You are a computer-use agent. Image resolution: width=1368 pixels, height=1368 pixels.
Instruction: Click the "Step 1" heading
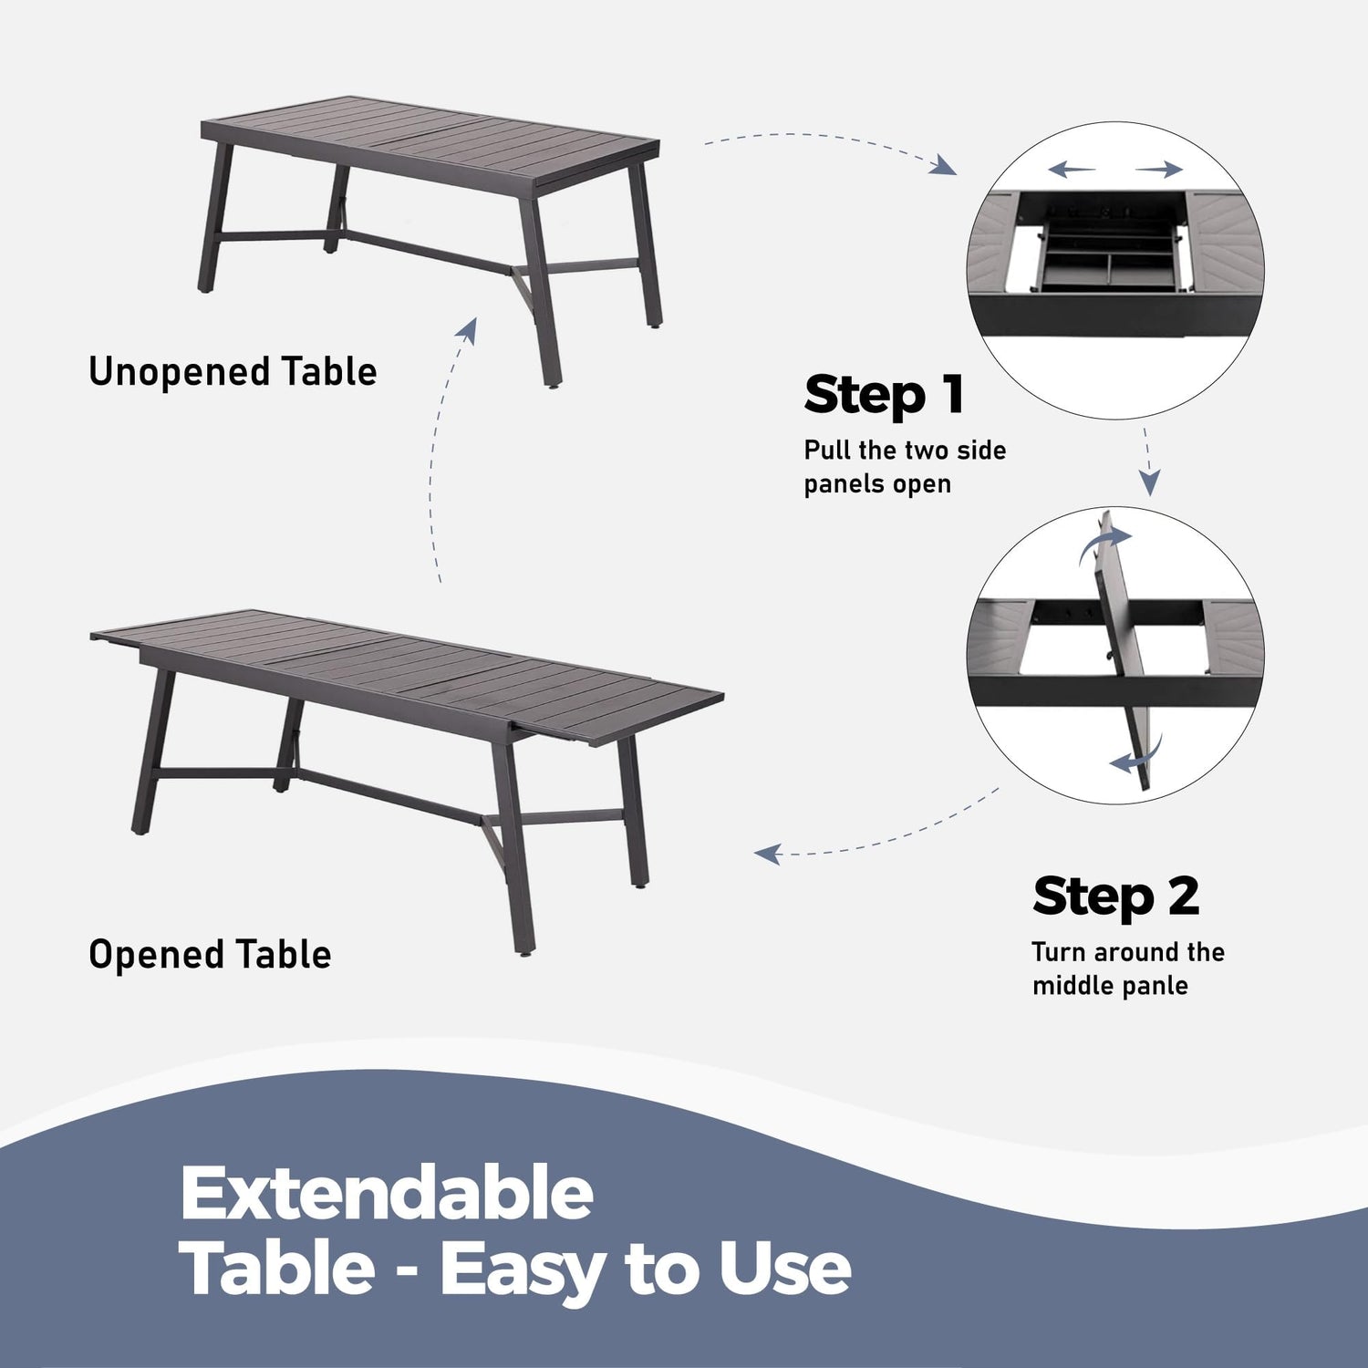884,396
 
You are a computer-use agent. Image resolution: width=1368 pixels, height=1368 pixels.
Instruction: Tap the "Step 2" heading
1115,896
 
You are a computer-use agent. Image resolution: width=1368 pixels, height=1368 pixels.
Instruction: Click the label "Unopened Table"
233,372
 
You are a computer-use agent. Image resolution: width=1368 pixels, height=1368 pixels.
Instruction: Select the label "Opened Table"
210,955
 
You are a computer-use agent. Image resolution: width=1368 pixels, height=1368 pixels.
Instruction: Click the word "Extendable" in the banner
387,1193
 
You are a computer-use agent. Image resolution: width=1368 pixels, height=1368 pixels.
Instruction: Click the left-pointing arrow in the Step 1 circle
1071,169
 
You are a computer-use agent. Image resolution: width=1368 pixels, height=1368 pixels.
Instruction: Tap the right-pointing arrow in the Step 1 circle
1159,169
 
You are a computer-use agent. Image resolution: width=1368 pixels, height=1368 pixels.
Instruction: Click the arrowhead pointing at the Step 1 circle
945,165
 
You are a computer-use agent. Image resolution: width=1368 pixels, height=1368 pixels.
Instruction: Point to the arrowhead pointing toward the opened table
768,855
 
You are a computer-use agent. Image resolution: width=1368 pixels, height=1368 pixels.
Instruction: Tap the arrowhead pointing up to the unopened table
468,330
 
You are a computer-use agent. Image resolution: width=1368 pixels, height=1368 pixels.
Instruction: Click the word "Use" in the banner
784,1270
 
